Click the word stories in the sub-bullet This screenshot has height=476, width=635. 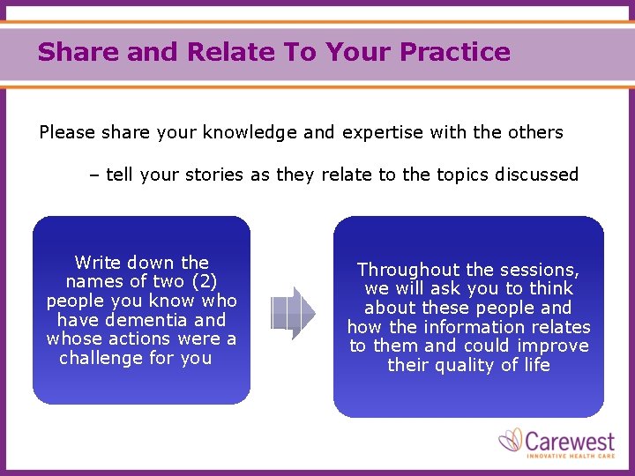click(213, 175)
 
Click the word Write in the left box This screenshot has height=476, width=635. click(97, 263)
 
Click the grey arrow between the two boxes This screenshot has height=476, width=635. click(293, 313)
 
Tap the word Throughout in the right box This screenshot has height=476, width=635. click(408, 270)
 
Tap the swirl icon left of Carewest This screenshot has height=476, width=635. click(512, 440)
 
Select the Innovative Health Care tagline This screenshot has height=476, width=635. click(571, 456)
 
